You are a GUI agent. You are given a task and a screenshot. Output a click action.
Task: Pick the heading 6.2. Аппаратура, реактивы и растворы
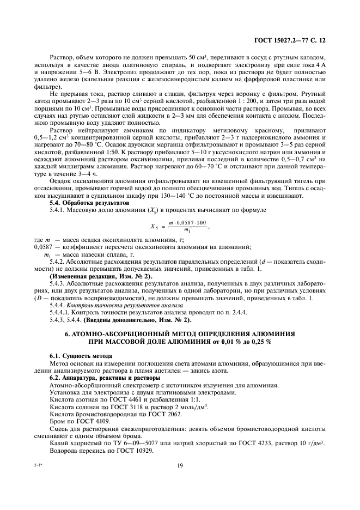pyautogui.click(x=99, y=377)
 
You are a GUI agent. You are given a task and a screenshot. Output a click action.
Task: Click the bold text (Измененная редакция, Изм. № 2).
pyautogui.click(x=93, y=276)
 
